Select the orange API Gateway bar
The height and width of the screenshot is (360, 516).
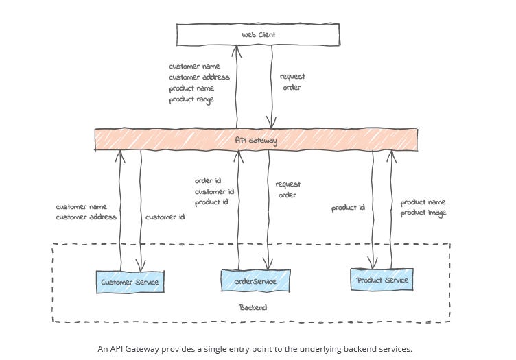coord(256,139)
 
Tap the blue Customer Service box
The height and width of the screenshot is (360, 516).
coord(130,282)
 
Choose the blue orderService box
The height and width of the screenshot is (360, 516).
coord(255,280)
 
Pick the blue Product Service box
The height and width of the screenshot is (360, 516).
coord(382,280)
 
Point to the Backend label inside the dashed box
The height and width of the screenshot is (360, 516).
coord(253,307)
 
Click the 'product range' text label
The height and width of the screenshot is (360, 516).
coord(191,99)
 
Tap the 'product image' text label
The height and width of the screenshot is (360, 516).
coord(423,213)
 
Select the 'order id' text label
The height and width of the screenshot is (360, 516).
coord(208,181)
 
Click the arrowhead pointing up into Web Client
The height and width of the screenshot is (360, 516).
coord(236,49)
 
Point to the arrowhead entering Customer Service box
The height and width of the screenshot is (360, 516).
coord(141,267)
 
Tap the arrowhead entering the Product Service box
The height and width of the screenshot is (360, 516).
coord(372,264)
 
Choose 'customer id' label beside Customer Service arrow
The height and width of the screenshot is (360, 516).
coord(165,217)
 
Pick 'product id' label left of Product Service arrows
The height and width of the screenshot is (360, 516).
coord(348,208)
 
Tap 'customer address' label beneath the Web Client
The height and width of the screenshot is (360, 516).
coord(199,77)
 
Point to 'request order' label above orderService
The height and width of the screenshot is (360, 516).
coord(288,190)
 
